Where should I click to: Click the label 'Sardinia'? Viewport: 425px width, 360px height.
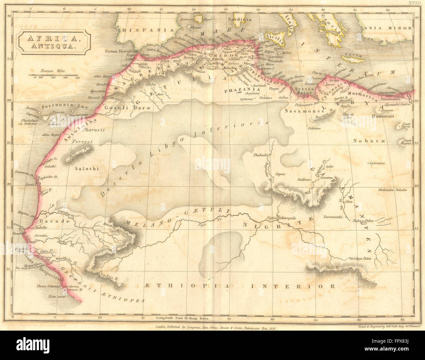pyautogui.click(x=240, y=19)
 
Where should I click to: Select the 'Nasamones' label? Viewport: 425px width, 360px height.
pyautogui.click(x=301, y=111)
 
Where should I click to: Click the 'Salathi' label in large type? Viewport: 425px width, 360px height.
pyautogui.click(x=87, y=169)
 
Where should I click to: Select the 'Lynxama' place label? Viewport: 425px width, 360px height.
pyautogui.click(x=377, y=163)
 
